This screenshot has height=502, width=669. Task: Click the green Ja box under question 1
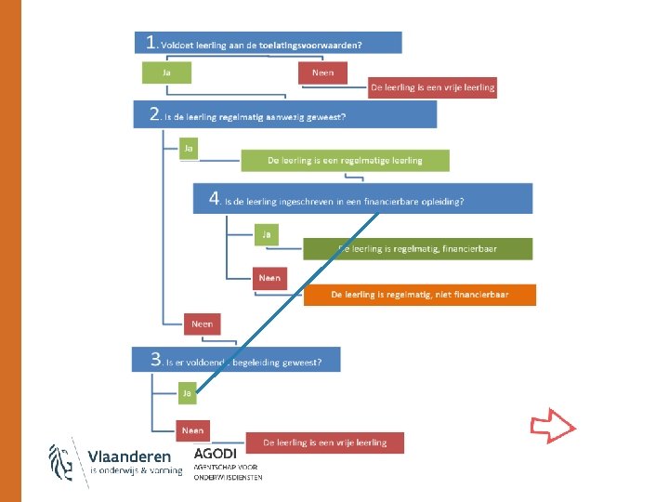click(x=166, y=73)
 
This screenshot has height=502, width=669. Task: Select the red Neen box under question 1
click(x=322, y=73)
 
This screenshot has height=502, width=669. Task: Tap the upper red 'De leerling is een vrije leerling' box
click(x=432, y=87)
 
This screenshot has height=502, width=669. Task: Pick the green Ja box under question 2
click(x=188, y=148)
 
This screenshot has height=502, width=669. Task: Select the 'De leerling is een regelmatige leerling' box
click(x=345, y=160)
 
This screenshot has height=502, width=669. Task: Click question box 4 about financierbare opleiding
click(x=362, y=199)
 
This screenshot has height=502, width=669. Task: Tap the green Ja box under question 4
click(x=266, y=234)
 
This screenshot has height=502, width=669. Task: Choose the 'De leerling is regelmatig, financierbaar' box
click(x=417, y=248)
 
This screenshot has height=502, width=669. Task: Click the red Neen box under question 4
click(x=269, y=277)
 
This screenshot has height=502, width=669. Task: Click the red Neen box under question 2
click(x=203, y=324)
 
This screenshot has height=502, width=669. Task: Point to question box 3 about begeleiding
click(x=236, y=360)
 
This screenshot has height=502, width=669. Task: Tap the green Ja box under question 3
click(x=187, y=393)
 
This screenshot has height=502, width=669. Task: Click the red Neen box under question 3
click(x=192, y=429)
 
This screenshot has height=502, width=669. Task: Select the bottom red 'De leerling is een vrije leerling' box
click(x=324, y=443)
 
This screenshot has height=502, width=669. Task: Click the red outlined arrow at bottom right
click(x=553, y=428)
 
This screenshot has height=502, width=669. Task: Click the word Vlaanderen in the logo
click(x=129, y=456)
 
